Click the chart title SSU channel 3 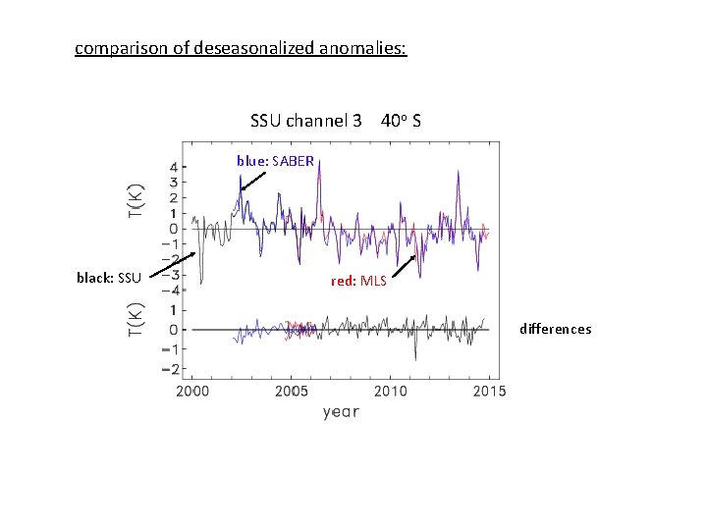[306, 122]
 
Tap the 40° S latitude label [403, 122]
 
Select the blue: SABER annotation [275, 160]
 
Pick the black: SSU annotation [110, 278]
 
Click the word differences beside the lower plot [555, 329]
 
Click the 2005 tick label [291, 391]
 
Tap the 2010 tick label [390, 391]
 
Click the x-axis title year [341, 412]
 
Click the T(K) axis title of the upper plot [138, 201]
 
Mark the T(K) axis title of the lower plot [138, 320]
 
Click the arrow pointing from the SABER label [252, 180]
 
